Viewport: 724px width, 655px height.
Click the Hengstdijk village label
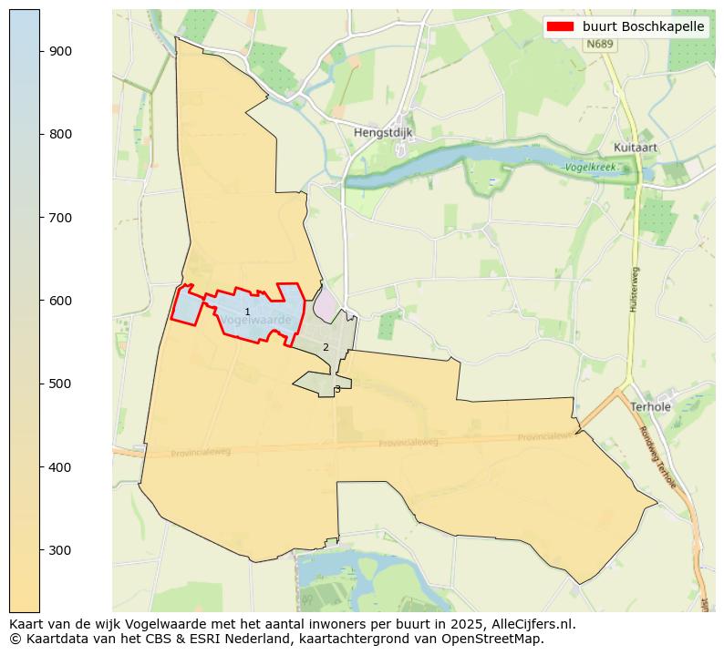(x=383, y=132)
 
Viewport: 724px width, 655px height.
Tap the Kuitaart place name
(x=636, y=147)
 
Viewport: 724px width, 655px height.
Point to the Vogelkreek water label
(x=588, y=168)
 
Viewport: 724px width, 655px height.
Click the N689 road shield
(x=600, y=44)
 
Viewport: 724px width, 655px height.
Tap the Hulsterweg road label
(x=634, y=290)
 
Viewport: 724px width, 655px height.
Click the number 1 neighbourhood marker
(x=247, y=312)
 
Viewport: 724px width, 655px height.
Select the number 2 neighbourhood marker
(x=326, y=347)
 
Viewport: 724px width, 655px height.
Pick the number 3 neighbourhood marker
(x=337, y=389)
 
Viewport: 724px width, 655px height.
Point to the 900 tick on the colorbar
(x=61, y=51)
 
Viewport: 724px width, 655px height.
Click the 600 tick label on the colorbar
(x=61, y=301)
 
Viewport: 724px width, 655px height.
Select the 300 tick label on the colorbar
(x=61, y=550)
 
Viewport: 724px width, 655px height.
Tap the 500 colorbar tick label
(x=61, y=384)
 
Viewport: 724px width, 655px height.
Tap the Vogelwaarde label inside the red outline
(x=256, y=321)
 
